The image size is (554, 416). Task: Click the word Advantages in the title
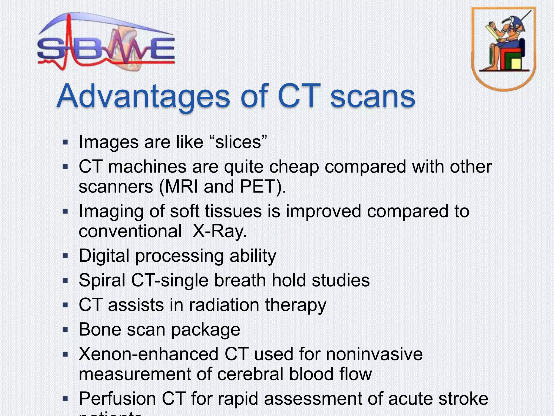tap(143, 96)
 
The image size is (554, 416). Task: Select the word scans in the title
tap(373, 96)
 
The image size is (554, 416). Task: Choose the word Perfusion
tap(117, 398)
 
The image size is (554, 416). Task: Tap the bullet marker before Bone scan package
tap(65, 330)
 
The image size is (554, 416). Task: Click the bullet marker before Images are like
tap(65, 142)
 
